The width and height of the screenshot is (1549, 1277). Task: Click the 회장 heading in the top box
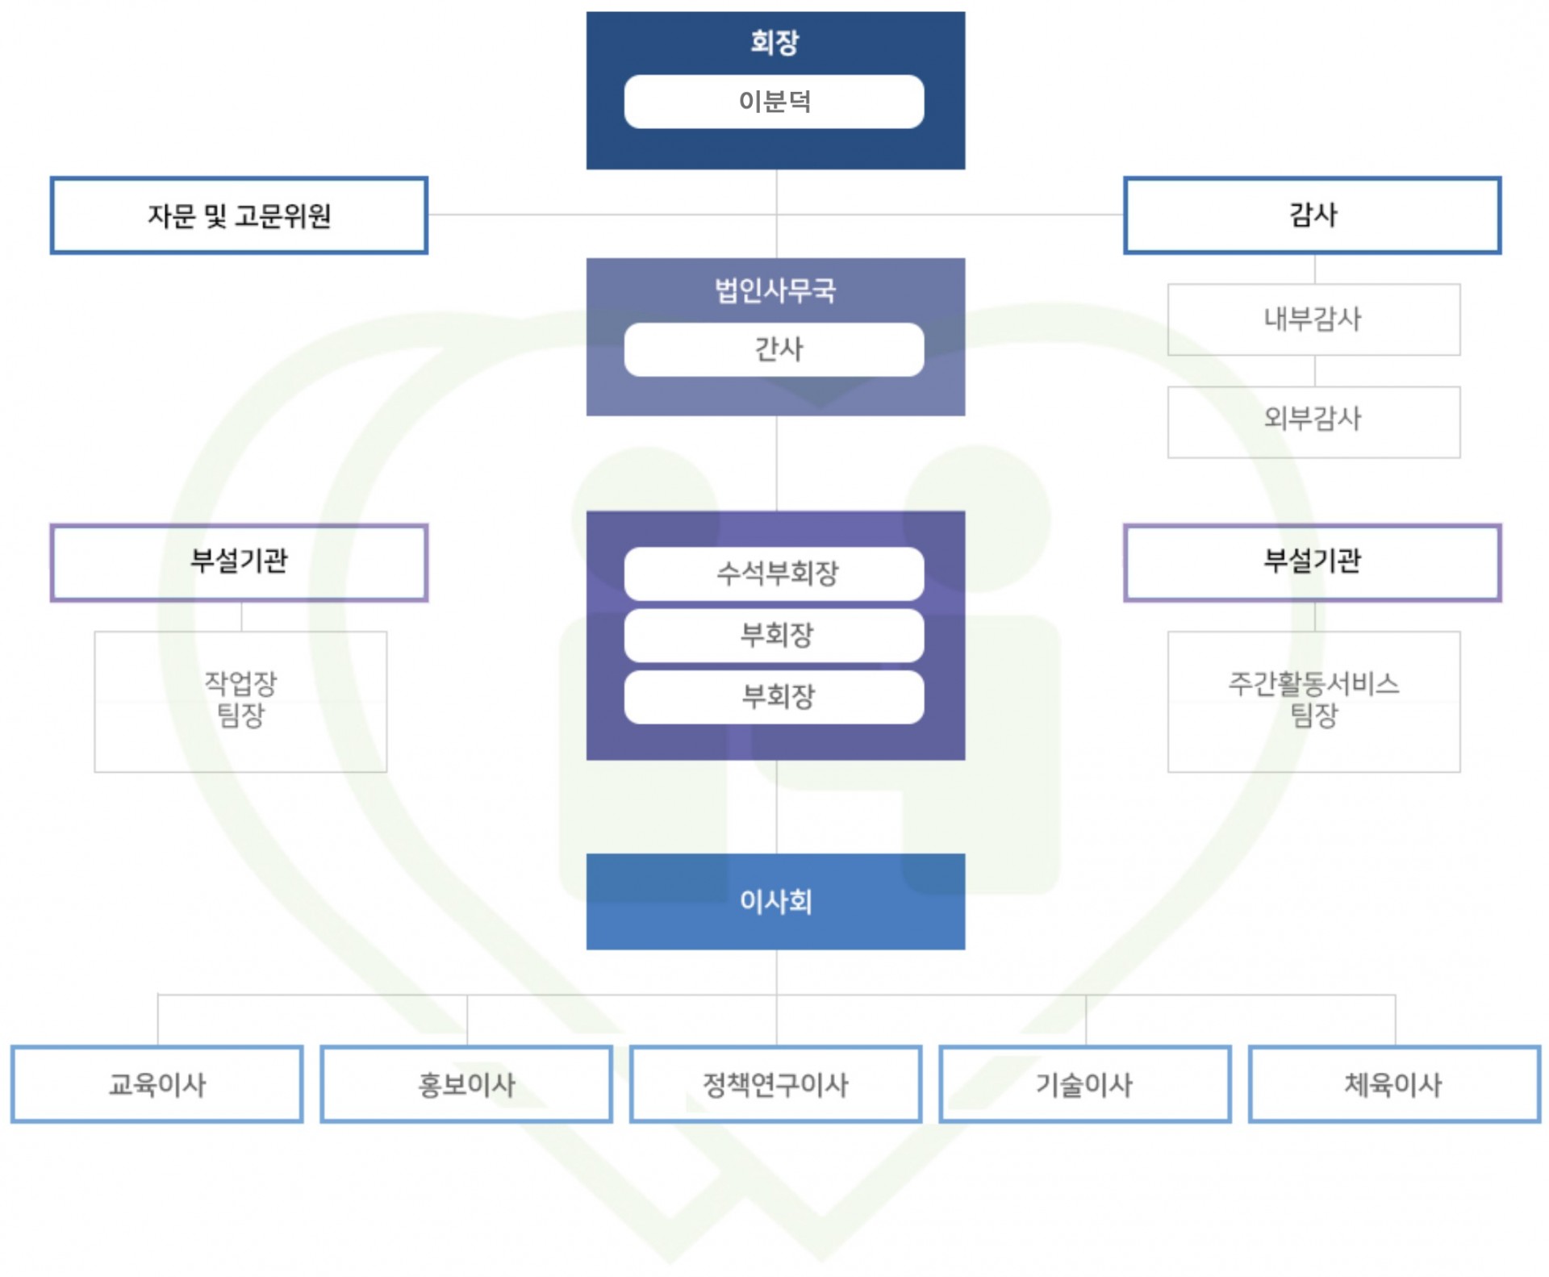pyautogui.click(x=774, y=42)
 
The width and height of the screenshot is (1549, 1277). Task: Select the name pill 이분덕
pyautogui.click(x=774, y=102)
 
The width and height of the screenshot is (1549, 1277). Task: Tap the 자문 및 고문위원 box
pyautogui.click(x=239, y=215)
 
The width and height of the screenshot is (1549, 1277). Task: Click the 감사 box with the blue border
pyautogui.click(x=1313, y=215)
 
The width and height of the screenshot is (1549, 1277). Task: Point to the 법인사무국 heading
pyautogui.click(x=775, y=290)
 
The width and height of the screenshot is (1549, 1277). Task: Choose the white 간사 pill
pyautogui.click(x=774, y=349)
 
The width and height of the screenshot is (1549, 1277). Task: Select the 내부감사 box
pyautogui.click(x=1314, y=319)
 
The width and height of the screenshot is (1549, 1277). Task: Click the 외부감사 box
pyautogui.click(x=1314, y=422)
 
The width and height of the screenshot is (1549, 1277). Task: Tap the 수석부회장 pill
pyautogui.click(x=774, y=574)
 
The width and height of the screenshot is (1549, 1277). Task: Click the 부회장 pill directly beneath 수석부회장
pyautogui.click(x=774, y=635)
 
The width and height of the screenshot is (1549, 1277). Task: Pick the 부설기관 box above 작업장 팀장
pyautogui.click(x=239, y=562)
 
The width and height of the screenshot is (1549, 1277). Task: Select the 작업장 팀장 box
pyautogui.click(x=240, y=702)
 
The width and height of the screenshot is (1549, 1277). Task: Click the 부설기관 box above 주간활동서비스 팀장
pyautogui.click(x=1313, y=562)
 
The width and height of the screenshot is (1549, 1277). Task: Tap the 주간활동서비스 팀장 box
pyautogui.click(x=1314, y=702)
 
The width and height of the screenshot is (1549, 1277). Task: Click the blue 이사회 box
pyautogui.click(x=775, y=901)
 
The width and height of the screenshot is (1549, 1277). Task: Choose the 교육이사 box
pyautogui.click(x=157, y=1084)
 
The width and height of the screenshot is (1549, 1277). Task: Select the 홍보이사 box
pyautogui.click(x=466, y=1084)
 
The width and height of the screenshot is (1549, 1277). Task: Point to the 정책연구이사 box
pyautogui.click(x=775, y=1084)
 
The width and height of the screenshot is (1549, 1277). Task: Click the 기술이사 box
pyautogui.click(x=1085, y=1084)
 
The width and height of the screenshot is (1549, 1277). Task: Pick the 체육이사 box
pyautogui.click(x=1395, y=1084)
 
